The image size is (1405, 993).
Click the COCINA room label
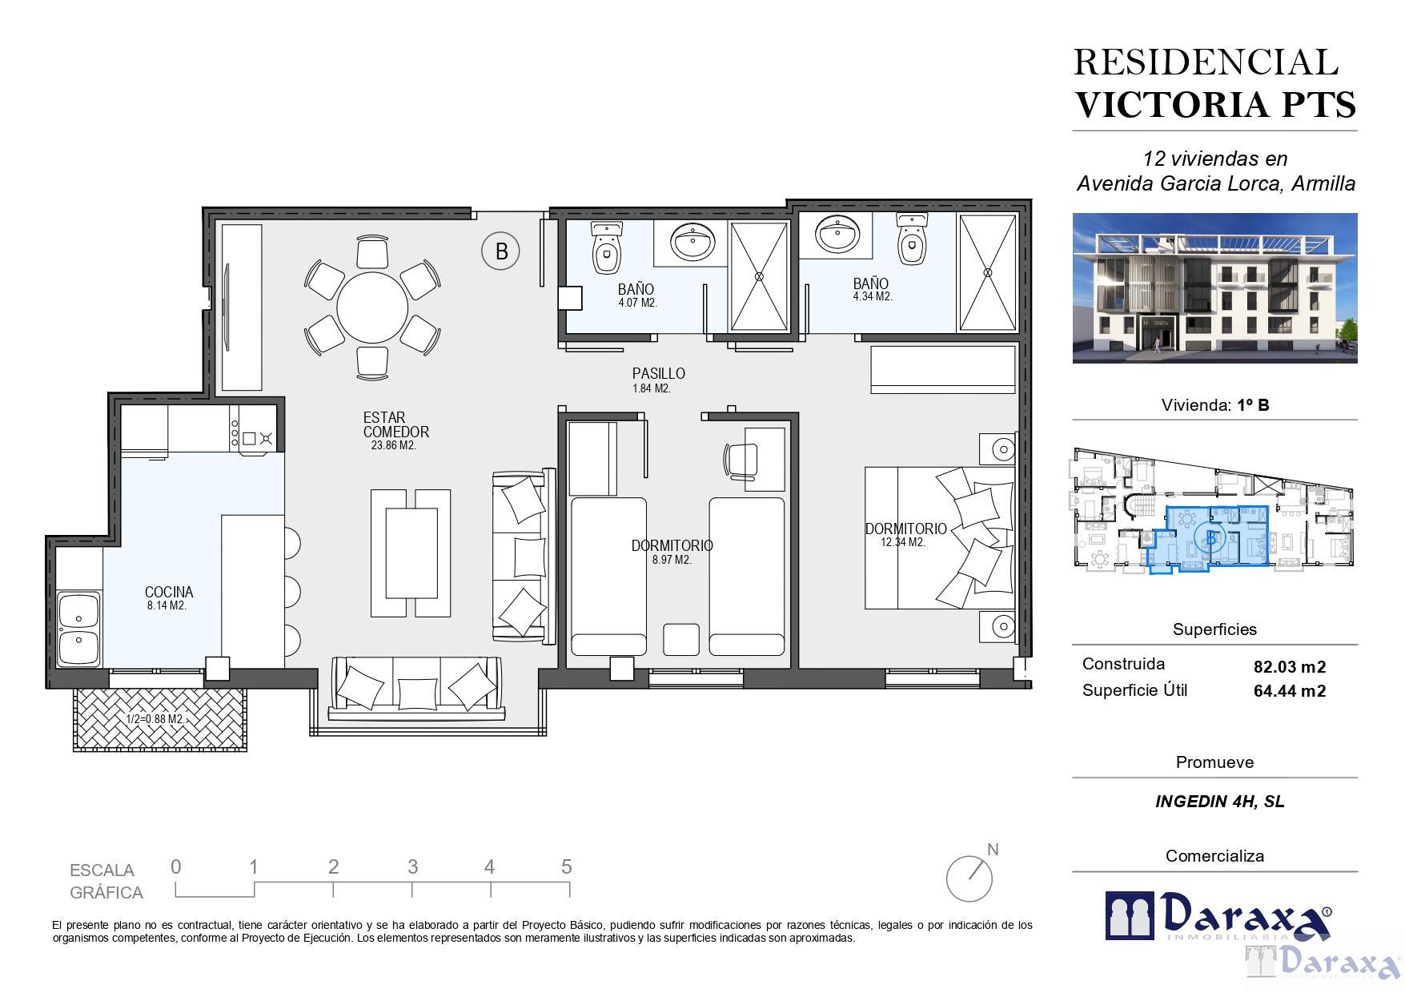pyautogui.click(x=169, y=592)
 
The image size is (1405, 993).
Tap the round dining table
pyautogui.click(x=372, y=308)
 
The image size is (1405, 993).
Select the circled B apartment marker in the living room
pyautogui.click(x=500, y=251)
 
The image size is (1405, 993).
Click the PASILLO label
pyautogui.click(x=658, y=373)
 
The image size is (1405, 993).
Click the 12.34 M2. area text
pyautogui.click(x=903, y=542)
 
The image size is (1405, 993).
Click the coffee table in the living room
pyautogui.click(x=411, y=553)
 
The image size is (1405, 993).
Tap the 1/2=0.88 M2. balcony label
pyautogui.click(x=155, y=719)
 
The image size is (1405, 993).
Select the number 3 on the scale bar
pyautogui.click(x=412, y=866)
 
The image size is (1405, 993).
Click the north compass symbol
pyautogui.click(x=972, y=874)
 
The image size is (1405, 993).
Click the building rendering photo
pyautogui.click(x=1214, y=287)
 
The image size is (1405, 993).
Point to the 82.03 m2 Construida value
pyautogui.click(x=1290, y=666)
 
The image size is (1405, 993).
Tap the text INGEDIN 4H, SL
pyautogui.click(x=1220, y=802)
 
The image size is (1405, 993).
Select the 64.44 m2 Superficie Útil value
pyautogui.click(x=1290, y=691)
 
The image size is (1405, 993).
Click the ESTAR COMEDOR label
pyautogui.click(x=395, y=424)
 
